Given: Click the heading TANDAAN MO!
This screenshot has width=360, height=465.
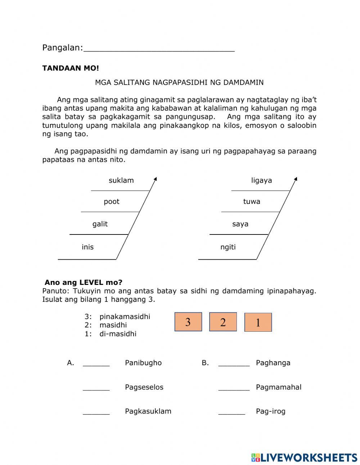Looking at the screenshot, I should (71, 68).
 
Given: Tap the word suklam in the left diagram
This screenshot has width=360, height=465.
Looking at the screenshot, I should (121, 180).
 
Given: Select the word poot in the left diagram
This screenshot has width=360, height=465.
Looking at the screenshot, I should (111, 201).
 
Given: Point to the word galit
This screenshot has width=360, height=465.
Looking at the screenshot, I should (100, 224).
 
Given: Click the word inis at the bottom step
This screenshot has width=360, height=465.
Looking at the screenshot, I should (87, 247).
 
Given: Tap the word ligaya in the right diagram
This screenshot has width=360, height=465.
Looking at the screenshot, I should (261, 180).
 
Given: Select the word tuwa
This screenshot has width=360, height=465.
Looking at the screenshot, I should (251, 201).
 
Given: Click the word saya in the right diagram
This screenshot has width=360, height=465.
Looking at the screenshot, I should (240, 224).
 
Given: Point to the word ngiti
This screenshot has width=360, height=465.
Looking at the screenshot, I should (228, 247).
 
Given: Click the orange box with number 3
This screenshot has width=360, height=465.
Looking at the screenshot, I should (188, 322).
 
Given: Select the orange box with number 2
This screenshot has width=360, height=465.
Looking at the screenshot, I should (223, 322).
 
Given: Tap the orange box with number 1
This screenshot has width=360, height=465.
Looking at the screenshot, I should (258, 322).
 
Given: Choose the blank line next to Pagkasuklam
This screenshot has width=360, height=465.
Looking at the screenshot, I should (96, 412).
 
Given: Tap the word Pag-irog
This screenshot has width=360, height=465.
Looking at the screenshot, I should (270, 411).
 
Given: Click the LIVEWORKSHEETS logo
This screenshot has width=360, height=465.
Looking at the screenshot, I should (304, 457).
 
